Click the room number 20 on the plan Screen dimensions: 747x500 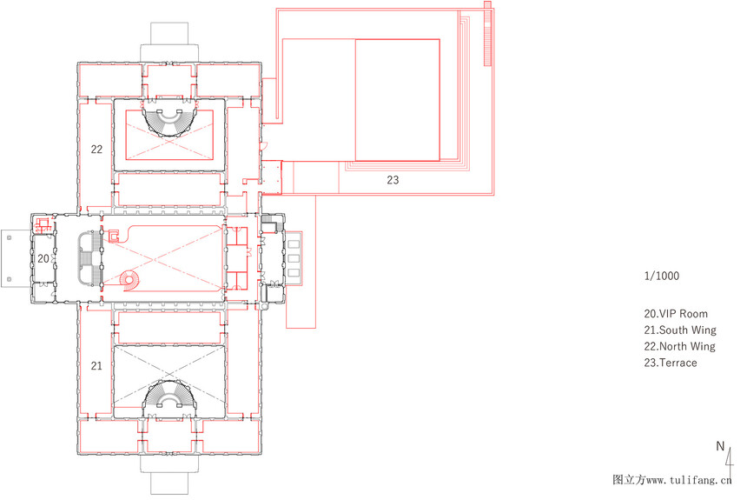click(x=43, y=258)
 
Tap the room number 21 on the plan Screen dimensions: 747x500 click(x=96, y=366)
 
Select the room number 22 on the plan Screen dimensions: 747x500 click(x=96, y=150)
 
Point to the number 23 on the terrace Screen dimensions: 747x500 click(x=393, y=180)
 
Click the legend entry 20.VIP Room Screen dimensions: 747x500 click(x=676, y=314)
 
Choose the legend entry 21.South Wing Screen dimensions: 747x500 click(x=680, y=330)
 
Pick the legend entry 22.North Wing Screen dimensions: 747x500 click(x=679, y=346)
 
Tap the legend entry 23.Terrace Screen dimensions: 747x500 click(x=671, y=363)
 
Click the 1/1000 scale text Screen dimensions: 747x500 click(x=661, y=276)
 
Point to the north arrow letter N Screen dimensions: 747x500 click(x=720, y=447)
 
